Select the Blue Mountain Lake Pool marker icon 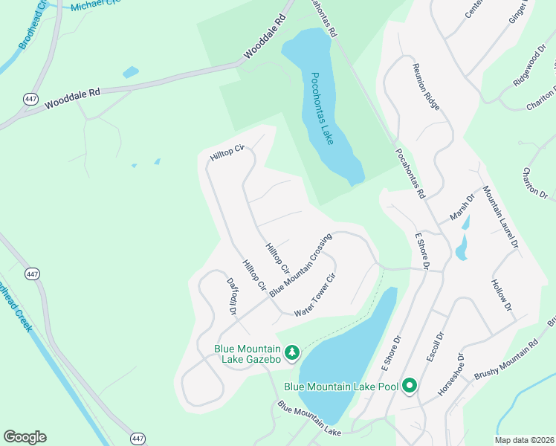(x=409, y=386)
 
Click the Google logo (x=25, y=437)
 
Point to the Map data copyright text (x=525, y=440)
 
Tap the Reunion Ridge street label (x=427, y=86)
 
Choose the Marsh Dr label (x=461, y=209)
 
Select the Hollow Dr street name (x=502, y=295)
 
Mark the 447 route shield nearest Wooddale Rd (x=30, y=99)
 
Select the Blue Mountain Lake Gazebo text (x=248, y=354)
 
